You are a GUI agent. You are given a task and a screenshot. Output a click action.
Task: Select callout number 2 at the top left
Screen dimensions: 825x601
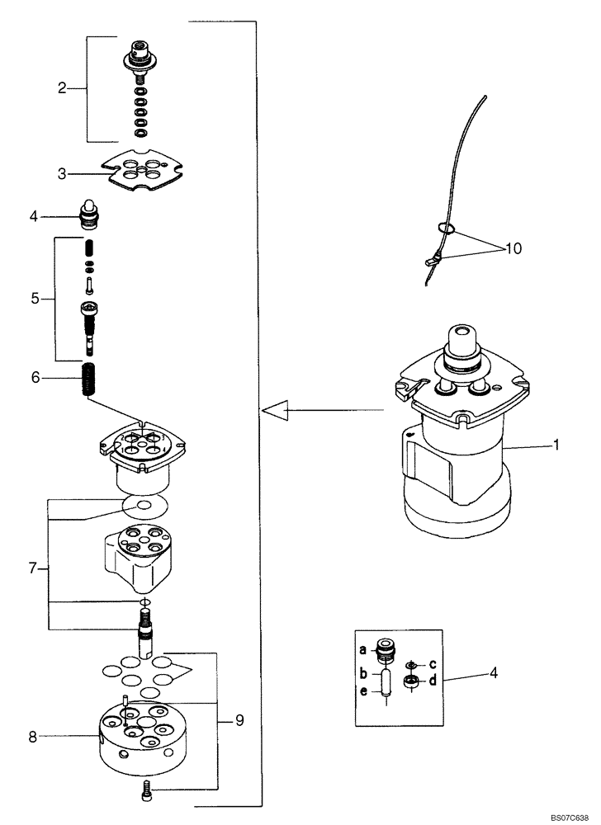point(61,88)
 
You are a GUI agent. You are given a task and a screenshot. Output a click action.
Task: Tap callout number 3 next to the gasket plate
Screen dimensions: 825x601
point(61,173)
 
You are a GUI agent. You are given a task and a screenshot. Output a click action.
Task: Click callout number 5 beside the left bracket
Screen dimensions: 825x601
point(35,298)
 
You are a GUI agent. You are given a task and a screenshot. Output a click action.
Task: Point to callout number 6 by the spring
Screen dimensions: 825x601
point(35,378)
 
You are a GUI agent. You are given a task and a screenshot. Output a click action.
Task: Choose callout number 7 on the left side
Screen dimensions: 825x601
point(32,568)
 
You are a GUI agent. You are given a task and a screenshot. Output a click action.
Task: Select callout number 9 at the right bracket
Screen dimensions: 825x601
point(239,720)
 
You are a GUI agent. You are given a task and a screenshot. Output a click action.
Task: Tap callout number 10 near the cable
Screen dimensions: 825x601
point(514,247)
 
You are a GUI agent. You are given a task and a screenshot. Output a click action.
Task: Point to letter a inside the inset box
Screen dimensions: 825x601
point(363,650)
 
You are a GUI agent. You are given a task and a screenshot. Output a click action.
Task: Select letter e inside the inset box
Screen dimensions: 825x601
point(363,692)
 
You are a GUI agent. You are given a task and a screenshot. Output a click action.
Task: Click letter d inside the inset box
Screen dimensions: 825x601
point(432,681)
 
